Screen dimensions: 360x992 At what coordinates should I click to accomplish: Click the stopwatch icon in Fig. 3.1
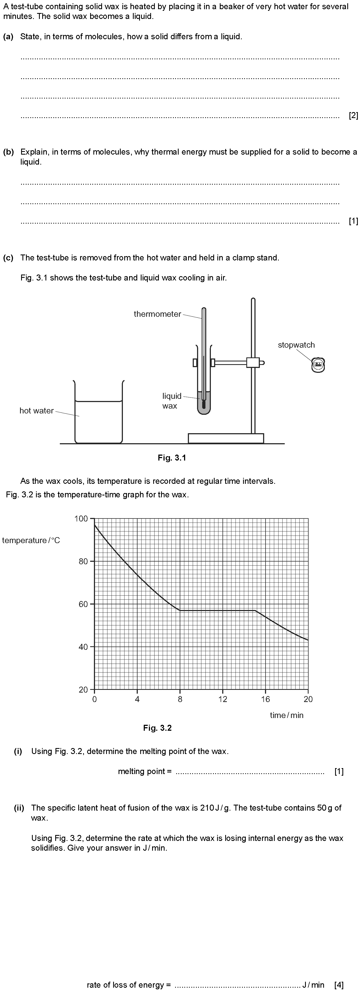pos(318,365)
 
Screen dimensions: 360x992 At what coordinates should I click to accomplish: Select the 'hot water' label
pos(37,410)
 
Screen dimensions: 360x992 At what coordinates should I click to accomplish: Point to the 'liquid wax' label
pos(171,401)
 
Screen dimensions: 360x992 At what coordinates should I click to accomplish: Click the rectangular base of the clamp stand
pos(226,438)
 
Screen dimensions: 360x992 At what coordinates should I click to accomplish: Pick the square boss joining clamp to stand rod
pos(253,362)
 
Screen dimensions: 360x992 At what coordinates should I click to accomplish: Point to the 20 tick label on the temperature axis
pos(83,690)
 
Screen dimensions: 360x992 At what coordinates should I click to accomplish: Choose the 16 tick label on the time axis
pos(266,699)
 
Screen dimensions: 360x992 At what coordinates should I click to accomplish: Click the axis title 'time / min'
pos(286,715)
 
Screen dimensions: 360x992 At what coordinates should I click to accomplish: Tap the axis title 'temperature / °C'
pos(31,540)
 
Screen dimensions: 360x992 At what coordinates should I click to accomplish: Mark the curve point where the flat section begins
pos(180,610)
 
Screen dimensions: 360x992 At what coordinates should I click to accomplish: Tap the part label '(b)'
pos(8,152)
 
